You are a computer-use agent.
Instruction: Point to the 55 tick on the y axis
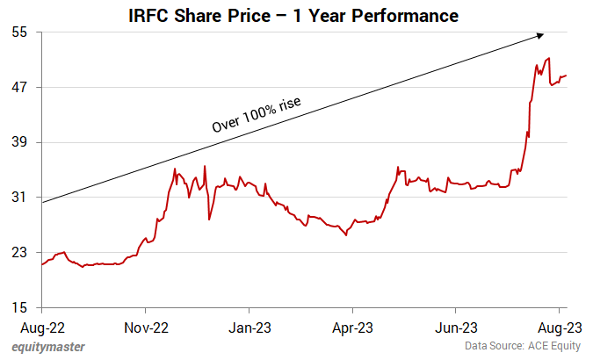(20, 32)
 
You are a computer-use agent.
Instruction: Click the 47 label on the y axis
(20, 88)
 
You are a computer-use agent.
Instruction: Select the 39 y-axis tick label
(20, 143)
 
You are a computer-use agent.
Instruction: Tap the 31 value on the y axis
(20, 198)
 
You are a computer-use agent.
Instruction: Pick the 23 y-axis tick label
(20, 253)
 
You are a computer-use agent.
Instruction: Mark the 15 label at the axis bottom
(20, 308)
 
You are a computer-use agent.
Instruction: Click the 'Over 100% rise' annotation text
(256, 114)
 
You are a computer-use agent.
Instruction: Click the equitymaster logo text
(49, 347)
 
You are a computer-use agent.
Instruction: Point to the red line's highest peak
(549, 59)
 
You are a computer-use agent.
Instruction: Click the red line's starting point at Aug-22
(42, 264)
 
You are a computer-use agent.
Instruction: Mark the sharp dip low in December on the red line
(209, 219)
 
